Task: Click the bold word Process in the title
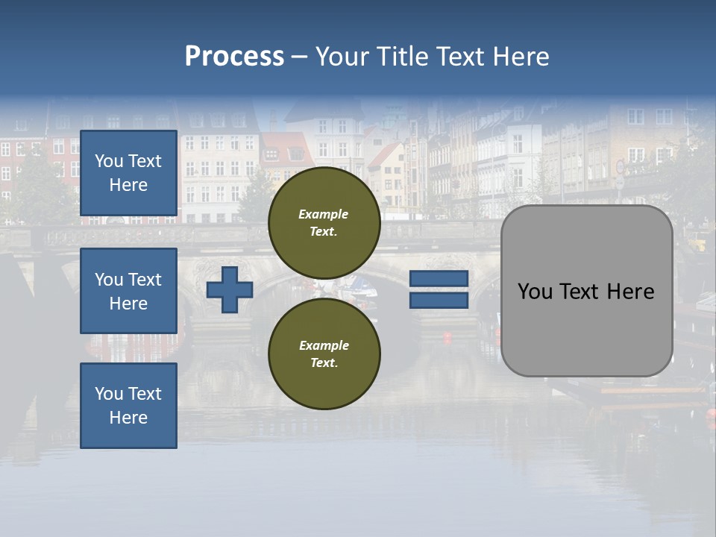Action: click(234, 57)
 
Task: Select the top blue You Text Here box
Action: click(128, 173)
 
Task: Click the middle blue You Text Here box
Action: click(128, 291)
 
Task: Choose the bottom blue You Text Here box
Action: click(128, 405)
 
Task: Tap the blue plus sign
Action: click(230, 289)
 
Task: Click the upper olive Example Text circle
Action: click(324, 223)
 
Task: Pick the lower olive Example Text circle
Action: click(324, 354)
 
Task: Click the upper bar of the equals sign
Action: click(439, 278)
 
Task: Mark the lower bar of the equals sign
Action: click(439, 301)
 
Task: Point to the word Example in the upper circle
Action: click(324, 214)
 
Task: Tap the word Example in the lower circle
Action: click(324, 345)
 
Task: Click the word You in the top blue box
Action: click(109, 161)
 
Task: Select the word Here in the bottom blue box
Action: click(128, 418)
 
